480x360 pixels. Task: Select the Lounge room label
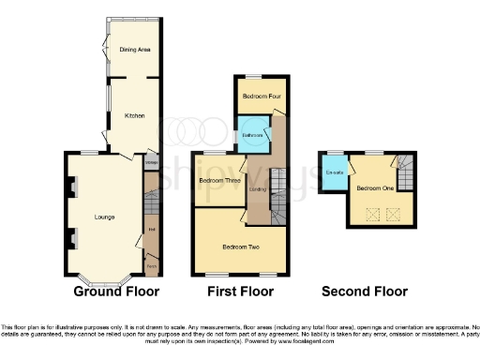click(x=104, y=217)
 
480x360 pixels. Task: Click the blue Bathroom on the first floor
click(x=252, y=135)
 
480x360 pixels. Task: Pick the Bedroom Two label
click(x=240, y=247)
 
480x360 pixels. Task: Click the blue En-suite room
click(x=333, y=173)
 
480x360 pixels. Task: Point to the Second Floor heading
click(x=365, y=292)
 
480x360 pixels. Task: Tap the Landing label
click(x=257, y=190)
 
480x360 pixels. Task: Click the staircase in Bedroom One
click(x=403, y=172)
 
